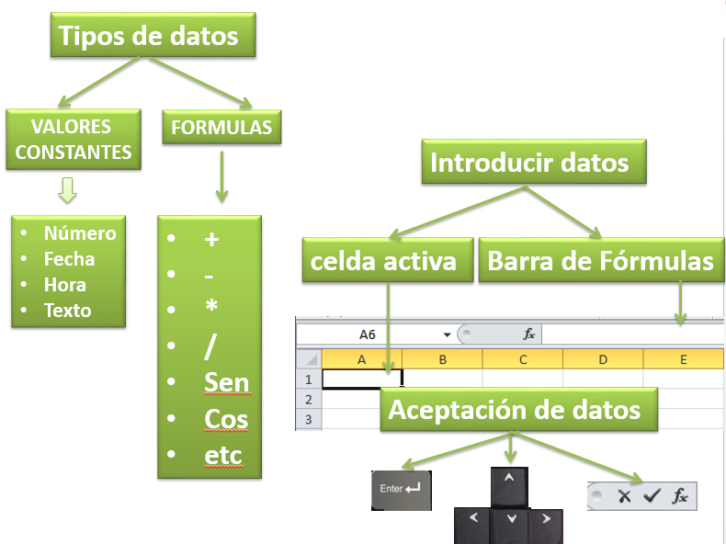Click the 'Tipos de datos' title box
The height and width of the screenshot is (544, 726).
(153, 35)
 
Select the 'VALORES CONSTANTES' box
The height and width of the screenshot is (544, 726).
(74, 140)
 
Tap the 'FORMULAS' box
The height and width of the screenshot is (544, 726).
(221, 128)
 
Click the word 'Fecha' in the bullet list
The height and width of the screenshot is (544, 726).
(69, 259)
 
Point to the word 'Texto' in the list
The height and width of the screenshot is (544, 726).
(68, 311)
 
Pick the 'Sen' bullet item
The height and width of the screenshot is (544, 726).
(226, 383)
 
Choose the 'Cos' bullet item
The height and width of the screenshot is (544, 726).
(226, 419)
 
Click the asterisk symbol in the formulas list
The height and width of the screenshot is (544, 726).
(211, 306)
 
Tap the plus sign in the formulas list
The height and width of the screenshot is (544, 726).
(211, 239)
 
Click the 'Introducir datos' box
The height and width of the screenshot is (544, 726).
(534, 162)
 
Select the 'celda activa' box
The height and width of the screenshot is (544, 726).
(388, 260)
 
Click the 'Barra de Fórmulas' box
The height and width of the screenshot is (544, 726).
(601, 260)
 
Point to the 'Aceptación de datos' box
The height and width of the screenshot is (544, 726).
(518, 410)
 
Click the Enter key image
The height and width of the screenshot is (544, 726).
(402, 491)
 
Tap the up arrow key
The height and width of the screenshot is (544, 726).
(509, 487)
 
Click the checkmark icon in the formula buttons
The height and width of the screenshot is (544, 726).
(652, 496)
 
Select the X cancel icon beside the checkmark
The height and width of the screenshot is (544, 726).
(624, 496)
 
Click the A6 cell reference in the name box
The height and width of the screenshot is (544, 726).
(368, 334)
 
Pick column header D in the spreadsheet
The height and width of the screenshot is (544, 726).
(603, 359)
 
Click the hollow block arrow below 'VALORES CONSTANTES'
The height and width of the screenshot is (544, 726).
(68, 190)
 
